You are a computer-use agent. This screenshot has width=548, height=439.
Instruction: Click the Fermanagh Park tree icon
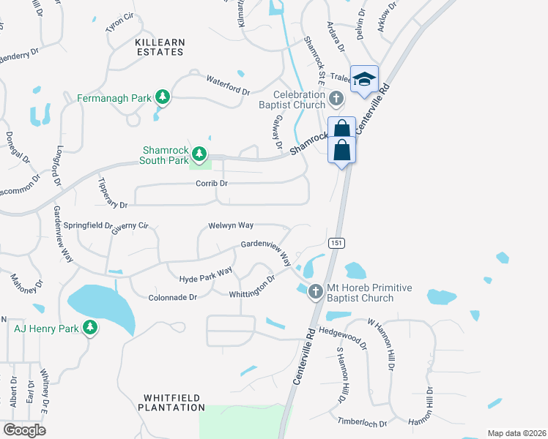(162, 97)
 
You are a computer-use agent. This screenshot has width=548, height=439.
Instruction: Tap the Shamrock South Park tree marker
(199, 154)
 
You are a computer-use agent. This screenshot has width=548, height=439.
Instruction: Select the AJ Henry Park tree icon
(90, 329)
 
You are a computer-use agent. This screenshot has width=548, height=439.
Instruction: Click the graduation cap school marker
(363, 80)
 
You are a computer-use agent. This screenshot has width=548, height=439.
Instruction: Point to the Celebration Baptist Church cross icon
(336, 97)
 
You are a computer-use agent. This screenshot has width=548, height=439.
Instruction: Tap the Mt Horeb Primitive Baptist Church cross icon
(316, 291)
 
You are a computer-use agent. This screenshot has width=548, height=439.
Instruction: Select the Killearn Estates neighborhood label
(160, 48)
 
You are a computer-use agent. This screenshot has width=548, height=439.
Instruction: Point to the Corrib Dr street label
(212, 183)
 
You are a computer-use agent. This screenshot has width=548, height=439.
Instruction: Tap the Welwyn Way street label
(231, 225)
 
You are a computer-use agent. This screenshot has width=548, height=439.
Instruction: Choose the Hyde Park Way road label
(206, 275)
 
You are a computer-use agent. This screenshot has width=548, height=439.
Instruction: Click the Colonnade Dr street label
(173, 297)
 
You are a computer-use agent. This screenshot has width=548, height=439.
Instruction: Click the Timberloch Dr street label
(361, 423)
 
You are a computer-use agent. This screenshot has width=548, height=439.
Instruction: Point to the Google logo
(24, 429)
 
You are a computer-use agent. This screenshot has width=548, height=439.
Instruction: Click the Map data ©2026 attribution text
(516, 432)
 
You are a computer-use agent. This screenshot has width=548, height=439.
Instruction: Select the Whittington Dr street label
(252, 286)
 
